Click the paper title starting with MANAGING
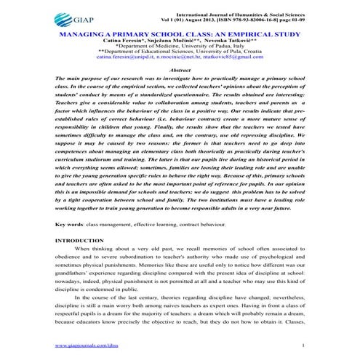tap(180, 35)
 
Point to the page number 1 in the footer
tap(301, 347)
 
